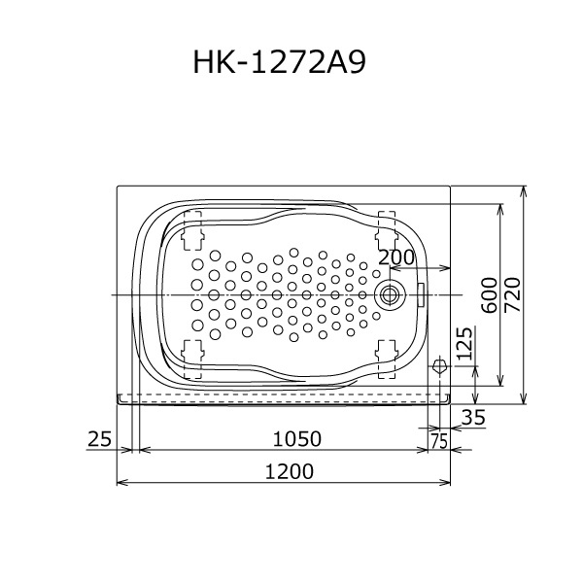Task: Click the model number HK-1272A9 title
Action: [282, 62]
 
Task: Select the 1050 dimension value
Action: [295, 439]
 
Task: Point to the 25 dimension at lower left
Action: [99, 439]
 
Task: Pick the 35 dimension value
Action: [472, 418]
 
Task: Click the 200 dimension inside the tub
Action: [396, 257]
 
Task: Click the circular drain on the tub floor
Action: [391, 293]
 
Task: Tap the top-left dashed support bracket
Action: [191, 225]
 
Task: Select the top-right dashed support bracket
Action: [387, 225]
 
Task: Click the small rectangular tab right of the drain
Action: [423, 292]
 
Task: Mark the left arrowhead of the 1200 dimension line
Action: [120, 482]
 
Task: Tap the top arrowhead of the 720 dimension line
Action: [525, 189]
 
